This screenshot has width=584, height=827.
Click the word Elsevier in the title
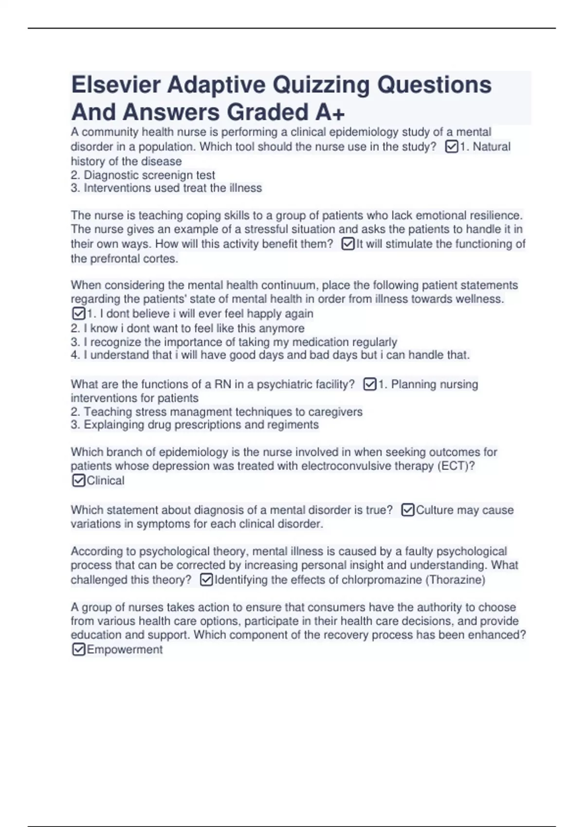(x=116, y=85)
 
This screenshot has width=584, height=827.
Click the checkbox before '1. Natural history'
(x=452, y=146)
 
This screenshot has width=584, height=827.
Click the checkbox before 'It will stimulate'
(x=348, y=244)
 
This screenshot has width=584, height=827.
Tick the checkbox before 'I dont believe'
(x=78, y=313)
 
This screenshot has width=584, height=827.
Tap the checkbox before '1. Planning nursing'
(x=370, y=384)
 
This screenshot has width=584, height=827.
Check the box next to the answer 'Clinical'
(x=78, y=481)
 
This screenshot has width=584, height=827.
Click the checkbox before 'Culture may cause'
(x=408, y=510)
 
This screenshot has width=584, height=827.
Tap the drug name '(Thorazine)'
(x=456, y=580)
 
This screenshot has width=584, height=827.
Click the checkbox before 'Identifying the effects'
(x=206, y=580)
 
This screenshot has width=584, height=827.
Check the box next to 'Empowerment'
(x=78, y=649)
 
